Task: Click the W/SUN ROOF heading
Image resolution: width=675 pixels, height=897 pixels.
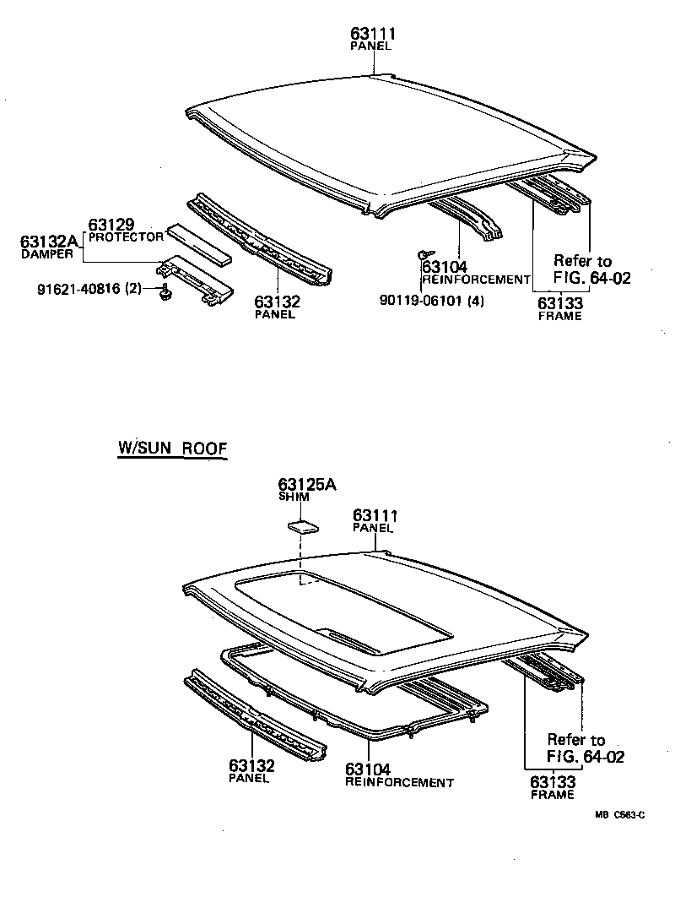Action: [x=172, y=449]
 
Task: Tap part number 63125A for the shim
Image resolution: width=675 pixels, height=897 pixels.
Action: [x=307, y=484]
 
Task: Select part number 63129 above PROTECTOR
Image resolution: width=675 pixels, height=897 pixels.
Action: [x=111, y=224]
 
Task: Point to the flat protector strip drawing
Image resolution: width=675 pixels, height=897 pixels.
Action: [x=201, y=243]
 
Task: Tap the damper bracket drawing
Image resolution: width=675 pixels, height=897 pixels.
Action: [x=196, y=278]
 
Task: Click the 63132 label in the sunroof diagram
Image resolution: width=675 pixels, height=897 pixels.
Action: [x=251, y=765]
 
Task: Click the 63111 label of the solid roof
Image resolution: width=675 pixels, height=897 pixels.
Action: [x=373, y=34]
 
